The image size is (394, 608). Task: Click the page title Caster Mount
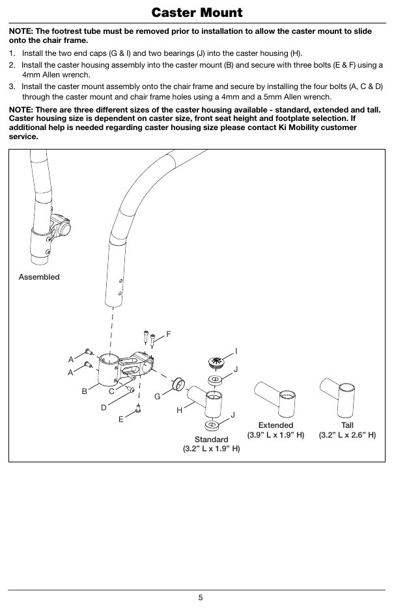tap(197, 12)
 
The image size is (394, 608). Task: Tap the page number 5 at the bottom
tap(201, 598)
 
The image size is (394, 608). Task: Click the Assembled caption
tap(39, 277)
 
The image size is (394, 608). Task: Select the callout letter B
tap(84, 391)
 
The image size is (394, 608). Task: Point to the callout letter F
tap(169, 334)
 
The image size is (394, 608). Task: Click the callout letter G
tap(157, 396)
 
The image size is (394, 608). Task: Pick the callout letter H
tap(179, 410)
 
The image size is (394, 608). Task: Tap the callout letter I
tap(236, 351)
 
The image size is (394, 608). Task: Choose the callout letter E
tap(120, 419)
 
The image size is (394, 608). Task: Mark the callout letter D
tap(104, 408)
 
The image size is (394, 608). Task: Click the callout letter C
tap(111, 391)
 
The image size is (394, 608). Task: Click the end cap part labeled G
tap(178, 384)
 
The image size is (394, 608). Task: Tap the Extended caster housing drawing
tap(275, 399)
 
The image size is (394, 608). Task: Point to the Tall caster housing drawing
tap(338, 397)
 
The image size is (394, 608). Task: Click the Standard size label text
tap(211, 440)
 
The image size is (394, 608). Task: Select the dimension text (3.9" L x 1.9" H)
tap(275, 434)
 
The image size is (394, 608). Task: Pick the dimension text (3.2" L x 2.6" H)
tap(347, 434)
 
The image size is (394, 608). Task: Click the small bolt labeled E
tap(139, 408)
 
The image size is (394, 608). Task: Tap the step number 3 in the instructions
tap(11, 86)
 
